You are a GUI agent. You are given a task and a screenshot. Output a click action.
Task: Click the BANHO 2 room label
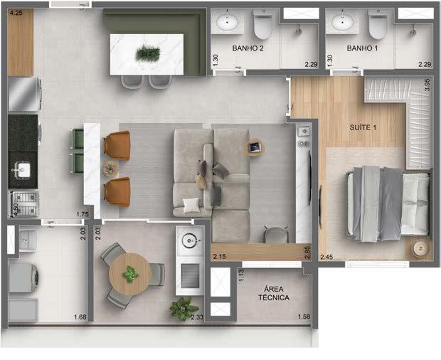[248, 48]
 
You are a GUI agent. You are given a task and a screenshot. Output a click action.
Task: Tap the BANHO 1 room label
[363, 48]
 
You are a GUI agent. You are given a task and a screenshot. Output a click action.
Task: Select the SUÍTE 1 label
[363, 127]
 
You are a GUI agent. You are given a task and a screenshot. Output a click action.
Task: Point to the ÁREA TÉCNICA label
[276, 293]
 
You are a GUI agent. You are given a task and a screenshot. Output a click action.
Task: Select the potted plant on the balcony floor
[184, 307]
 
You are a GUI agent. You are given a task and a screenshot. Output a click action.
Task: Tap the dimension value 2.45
[326, 257]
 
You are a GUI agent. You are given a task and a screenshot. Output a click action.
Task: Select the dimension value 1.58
[303, 317]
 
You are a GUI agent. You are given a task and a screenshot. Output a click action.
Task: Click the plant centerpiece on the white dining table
[148, 53]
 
